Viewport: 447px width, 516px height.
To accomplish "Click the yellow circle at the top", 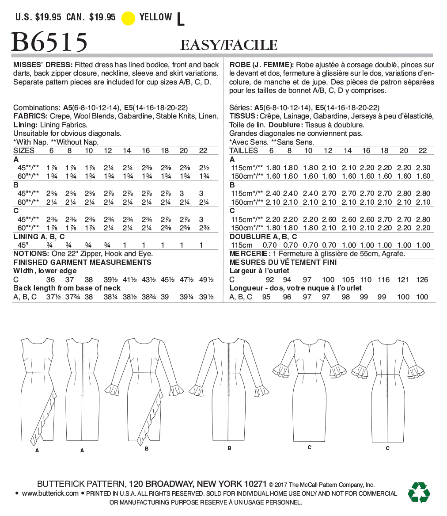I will click(128, 18).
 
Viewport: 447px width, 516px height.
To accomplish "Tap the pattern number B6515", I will click(49, 42).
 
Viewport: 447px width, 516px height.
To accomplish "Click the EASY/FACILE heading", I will click(229, 45).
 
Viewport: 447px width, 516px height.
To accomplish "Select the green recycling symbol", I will click(419, 492).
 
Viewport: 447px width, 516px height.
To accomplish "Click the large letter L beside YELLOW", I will click(180, 19).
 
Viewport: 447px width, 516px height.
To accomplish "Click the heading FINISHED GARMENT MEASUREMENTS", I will click(83, 262).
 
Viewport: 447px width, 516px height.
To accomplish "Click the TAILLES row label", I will click(244, 150).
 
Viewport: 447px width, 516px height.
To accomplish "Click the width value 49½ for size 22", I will click(206, 280).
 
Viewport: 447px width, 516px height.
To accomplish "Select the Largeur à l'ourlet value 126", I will click(422, 280).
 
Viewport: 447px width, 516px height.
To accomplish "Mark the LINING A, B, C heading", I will click(39, 237).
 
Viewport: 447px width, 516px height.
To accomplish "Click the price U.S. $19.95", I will click(38, 17).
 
